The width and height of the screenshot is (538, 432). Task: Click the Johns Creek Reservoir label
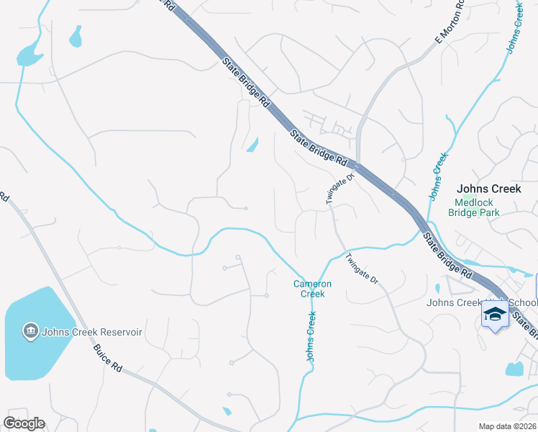tap(92, 332)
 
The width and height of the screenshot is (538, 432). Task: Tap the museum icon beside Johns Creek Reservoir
tap(32, 331)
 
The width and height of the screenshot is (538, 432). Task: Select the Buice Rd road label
tap(107, 356)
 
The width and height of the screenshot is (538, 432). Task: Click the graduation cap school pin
tap(495, 315)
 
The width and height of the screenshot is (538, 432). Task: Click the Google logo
tap(24, 423)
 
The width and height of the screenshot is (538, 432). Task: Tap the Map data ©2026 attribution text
tap(507, 426)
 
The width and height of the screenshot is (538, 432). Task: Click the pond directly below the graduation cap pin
tap(514, 369)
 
